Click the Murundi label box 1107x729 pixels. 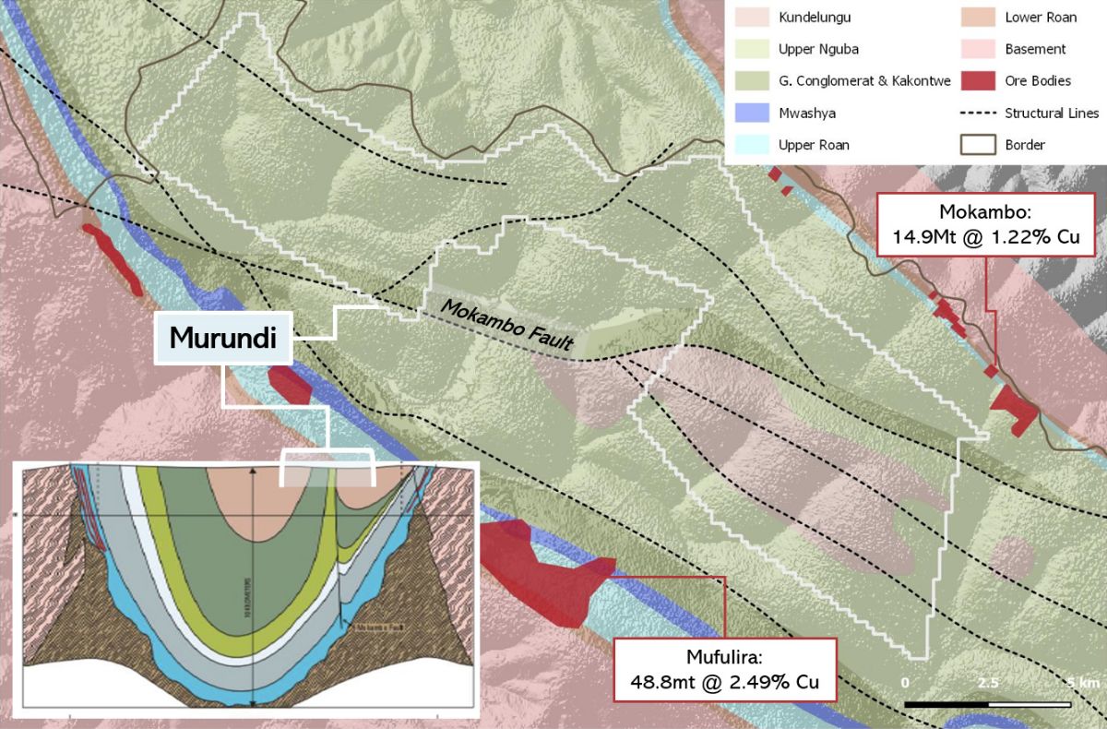point(222,339)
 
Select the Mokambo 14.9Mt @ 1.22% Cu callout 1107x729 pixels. point(985,225)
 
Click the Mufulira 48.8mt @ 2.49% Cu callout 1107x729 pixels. point(726,670)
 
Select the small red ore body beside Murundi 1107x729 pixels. point(288,384)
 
